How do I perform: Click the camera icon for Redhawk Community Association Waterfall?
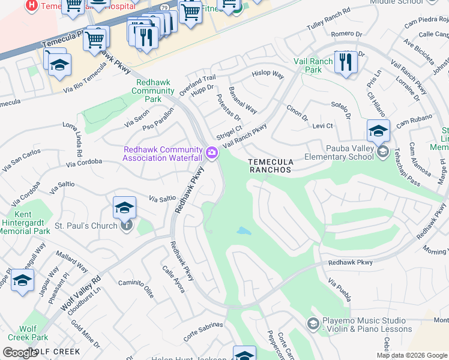211,153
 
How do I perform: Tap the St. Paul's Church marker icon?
127,225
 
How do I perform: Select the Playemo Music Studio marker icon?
312,324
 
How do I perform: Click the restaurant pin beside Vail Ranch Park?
345,62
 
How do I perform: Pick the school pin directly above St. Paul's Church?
124,208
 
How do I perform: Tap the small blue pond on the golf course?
243,230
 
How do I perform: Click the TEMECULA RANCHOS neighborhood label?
270,166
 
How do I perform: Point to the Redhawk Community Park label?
155,91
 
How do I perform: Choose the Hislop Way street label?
268,74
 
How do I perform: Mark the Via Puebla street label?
340,289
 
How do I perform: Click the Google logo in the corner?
20,353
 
